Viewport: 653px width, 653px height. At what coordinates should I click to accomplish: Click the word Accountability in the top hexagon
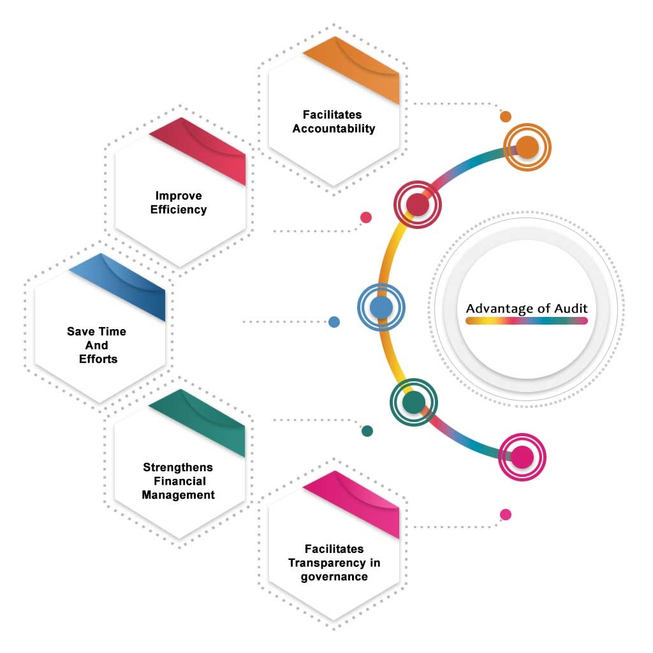[x=334, y=129]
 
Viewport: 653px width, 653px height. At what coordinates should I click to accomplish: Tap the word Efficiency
[x=179, y=209]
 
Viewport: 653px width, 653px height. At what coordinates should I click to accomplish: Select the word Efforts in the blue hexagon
[x=98, y=359]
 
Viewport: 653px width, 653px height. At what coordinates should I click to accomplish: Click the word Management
[x=179, y=495]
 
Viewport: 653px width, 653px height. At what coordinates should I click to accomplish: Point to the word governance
[x=334, y=576]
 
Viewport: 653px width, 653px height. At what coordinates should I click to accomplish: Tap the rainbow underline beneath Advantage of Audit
[x=526, y=321]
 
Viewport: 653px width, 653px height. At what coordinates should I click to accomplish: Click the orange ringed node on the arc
[x=527, y=147]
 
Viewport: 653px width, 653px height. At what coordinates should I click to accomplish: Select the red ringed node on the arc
[x=417, y=205]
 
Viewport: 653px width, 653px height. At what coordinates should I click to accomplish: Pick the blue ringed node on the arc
[x=381, y=307]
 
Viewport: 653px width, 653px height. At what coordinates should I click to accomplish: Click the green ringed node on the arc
[x=413, y=402]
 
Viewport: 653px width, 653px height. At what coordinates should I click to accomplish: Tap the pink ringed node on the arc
[x=522, y=457]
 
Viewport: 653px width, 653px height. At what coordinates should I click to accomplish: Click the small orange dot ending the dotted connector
[x=506, y=117]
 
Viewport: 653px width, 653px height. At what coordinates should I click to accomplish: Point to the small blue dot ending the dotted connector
[x=334, y=322]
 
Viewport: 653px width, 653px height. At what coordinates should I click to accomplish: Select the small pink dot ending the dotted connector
[x=506, y=515]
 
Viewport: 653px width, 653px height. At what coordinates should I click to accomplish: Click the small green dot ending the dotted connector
[x=367, y=431]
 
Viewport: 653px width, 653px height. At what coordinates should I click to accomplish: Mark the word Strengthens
[x=178, y=467]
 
